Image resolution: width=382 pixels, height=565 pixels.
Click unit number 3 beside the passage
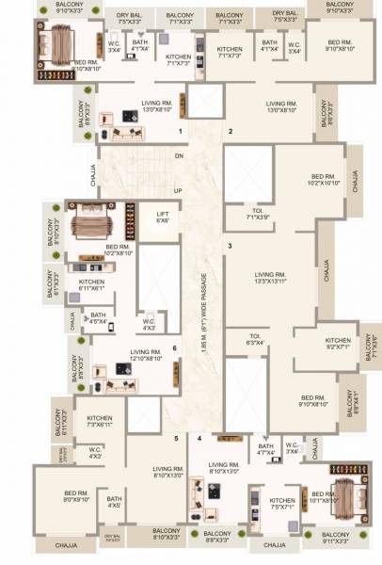pyautogui.click(x=229, y=247)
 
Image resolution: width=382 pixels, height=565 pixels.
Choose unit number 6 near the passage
pyautogui.click(x=175, y=348)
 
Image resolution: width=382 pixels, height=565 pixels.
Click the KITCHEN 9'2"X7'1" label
pyautogui.click(x=338, y=344)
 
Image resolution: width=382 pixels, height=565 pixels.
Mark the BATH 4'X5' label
pyautogui.click(x=114, y=502)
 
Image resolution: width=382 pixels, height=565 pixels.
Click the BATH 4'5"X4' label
pyautogui.click(x=98, y=318)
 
